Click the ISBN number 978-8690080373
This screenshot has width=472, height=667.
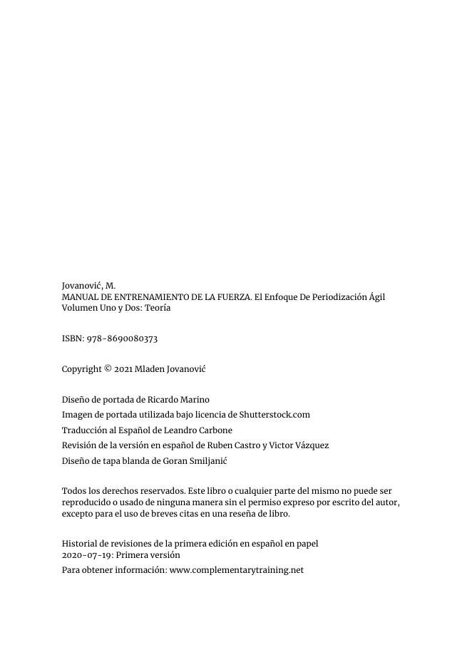coord(122,338)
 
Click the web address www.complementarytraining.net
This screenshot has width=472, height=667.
coord(237,570)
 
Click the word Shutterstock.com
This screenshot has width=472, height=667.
coord(275,415)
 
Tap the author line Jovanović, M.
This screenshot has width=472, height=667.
coord(88,286)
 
